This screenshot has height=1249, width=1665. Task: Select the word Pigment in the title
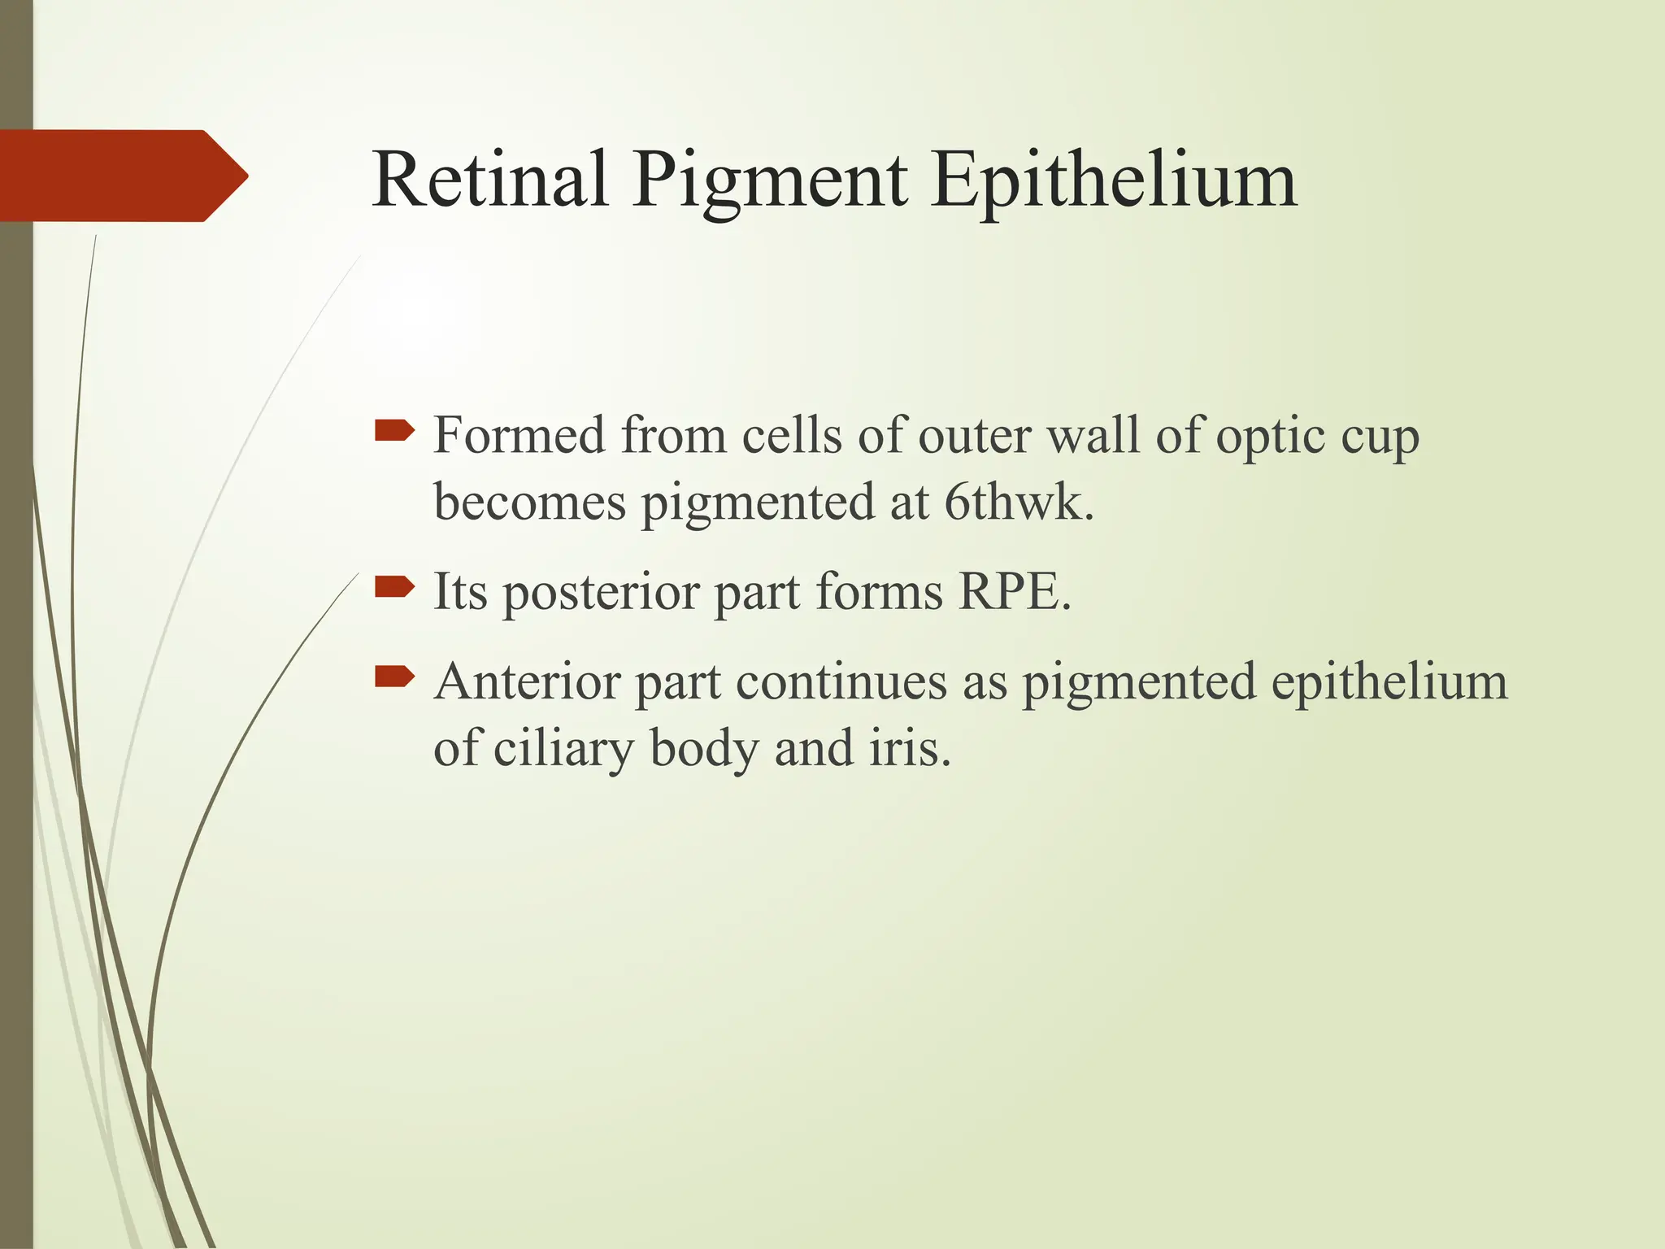tap(768, 183)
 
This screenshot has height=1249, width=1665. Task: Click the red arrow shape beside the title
tap(122, 176)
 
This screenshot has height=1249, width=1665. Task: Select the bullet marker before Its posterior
tap(394, 585)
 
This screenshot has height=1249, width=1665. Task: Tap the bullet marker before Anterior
tap(394, 676)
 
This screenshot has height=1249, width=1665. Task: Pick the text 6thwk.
tap(1019, 502)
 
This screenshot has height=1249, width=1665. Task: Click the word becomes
tap(529, 502)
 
